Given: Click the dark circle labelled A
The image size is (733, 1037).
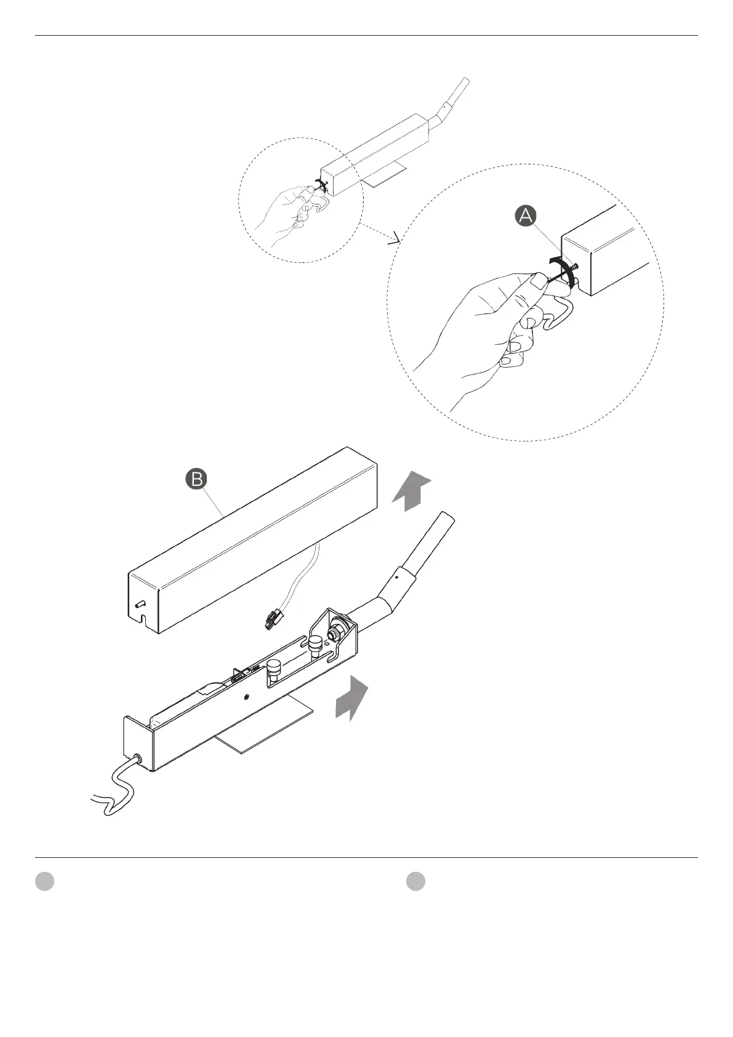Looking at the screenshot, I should (x=526, y=216).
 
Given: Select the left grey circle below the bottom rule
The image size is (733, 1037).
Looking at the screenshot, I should (x=44, y=881).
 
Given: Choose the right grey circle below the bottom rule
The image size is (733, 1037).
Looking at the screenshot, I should (x=416, y=881).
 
